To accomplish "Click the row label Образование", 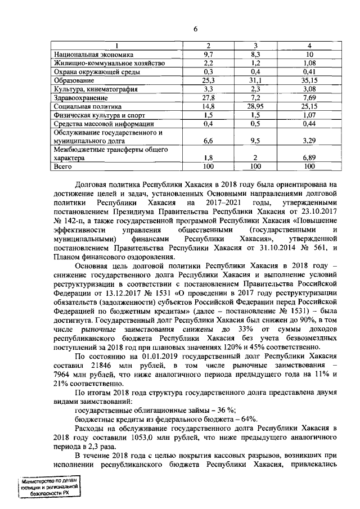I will pyautogui.click(x=70, y=80).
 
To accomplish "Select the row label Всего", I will pyautogui.click(x=62, y=167).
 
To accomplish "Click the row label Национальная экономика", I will pyautogui.click(x=93, y=55).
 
